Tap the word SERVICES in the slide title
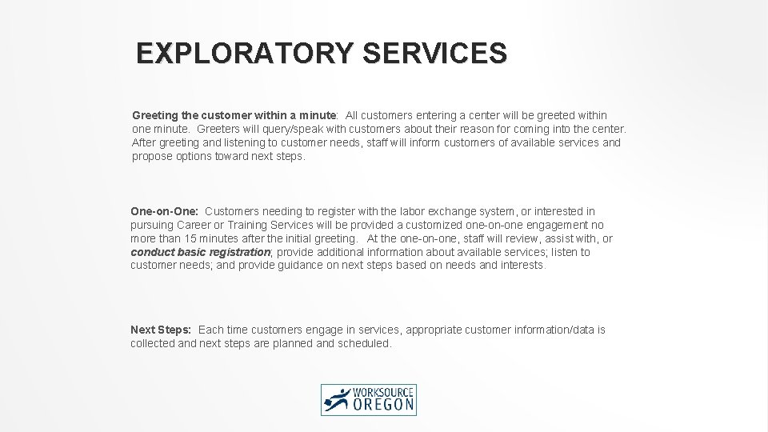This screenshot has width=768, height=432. pyautogui.click(x=434, y=54)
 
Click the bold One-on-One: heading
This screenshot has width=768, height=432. pyautogui.click(x=165, y=211)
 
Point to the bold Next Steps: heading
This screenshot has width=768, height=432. pyautogui.click(x=161, y=330)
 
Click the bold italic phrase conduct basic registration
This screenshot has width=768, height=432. pyautogui.click(x=201, y=252)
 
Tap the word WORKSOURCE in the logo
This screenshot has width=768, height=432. pyautogui.click(x=386, y=391)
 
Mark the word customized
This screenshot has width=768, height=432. pyautogui.click(x=436, y=225)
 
